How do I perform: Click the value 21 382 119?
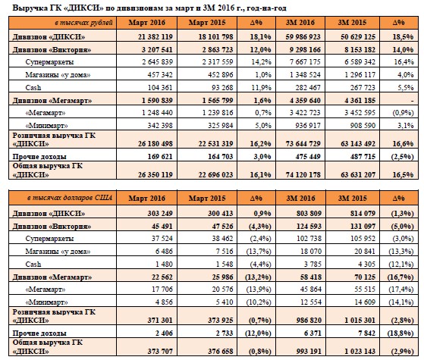pos(155,36)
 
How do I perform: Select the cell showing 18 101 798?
pos(215,36)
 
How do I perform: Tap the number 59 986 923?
pos(303,36)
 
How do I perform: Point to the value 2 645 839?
pos(157,62)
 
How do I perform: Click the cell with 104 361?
pos(160,88)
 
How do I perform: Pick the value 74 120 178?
pos(303,175)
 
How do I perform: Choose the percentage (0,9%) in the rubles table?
pos(403,113)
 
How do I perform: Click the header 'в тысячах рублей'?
pos(84,23)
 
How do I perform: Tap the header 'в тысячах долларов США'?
pos(70,198)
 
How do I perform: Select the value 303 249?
pos(160,213)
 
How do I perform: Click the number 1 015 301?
pos(360,321)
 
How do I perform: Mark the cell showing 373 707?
pos(160,352)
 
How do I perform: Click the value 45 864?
pos(311,290)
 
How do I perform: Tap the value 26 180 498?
pos(155,144)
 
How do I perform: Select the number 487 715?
pos(363,157)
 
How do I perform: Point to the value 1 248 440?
pos(157,113)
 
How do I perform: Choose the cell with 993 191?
pos(309,352)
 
